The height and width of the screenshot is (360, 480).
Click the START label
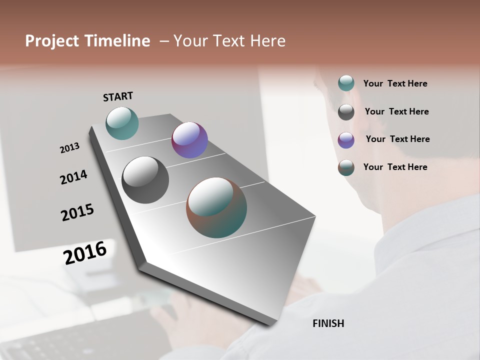pos(118,96)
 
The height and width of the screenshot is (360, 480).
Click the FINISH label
pos(328,323)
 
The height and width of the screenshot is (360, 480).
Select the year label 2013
pos(69,148)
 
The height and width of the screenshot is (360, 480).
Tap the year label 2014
pos(73,177)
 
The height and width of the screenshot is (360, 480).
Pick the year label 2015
pos(77,212)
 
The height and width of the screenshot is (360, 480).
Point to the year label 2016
pos(85,252)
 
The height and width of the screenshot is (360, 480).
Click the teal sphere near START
pos(122,123)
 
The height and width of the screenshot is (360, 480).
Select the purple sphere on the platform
pos(189,140)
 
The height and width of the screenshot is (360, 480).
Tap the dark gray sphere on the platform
pos(145,180)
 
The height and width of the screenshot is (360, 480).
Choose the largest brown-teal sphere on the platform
pos(216,207)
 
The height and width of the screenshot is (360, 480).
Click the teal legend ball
pos(346,83)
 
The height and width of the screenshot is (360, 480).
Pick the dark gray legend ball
pos(346,112)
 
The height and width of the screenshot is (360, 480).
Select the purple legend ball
pos(346,140)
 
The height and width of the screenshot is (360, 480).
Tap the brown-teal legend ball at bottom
pos(346,167)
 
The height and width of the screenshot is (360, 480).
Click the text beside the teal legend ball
pos(395,83)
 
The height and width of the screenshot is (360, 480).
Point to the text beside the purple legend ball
pos(397,139)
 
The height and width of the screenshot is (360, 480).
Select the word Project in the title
pos(52,41)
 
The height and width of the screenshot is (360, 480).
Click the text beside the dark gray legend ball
pos(396,111)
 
